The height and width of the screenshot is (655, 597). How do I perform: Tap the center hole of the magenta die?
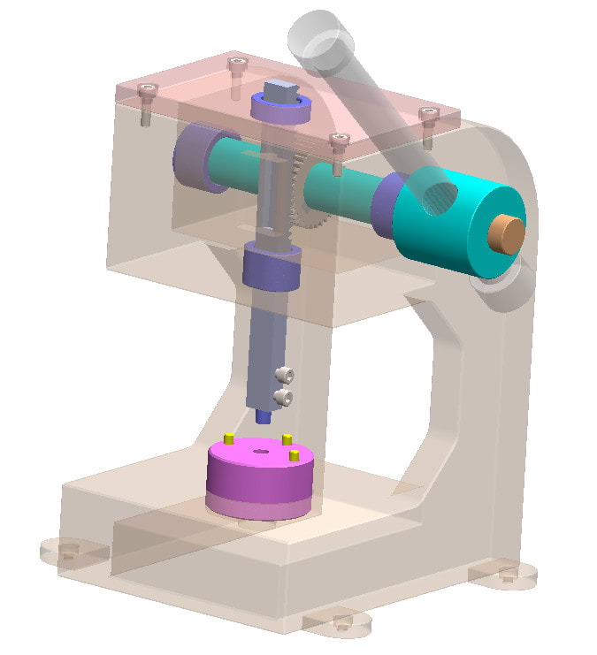pyautogui.click(x=261, y=451)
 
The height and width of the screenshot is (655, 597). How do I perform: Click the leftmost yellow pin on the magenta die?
pyautogui.click(x=228, y=438)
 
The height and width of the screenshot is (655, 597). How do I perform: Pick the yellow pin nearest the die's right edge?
pyautogui.click(x=295, y=454)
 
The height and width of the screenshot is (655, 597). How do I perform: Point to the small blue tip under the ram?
pyautogui.click(x=262, y=415)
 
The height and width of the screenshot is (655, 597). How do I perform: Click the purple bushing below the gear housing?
pyautogui.click(x=272, y=270)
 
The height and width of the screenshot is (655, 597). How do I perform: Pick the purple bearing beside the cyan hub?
pyautogui.click(x=386, y=205)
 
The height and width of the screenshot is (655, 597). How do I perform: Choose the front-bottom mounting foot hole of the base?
pyautogui.click(x=341, y=624)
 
